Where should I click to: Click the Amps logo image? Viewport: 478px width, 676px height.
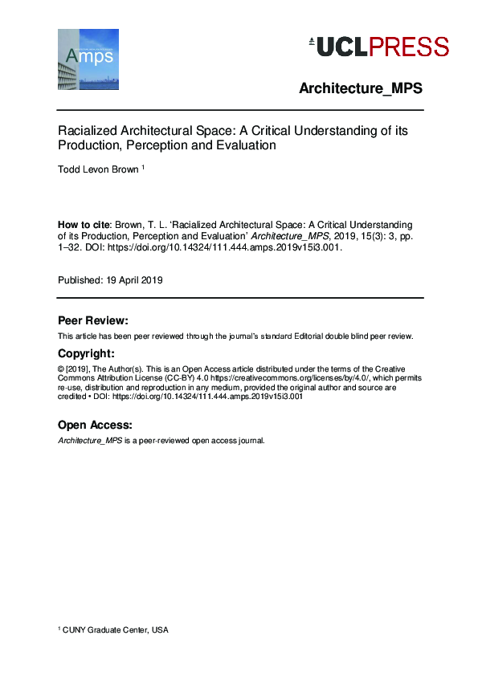click(x=88, y=59)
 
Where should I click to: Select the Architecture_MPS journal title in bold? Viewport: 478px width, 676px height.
click(x=361, y=88)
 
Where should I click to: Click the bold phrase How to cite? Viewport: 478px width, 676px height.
click(x=83, y=225)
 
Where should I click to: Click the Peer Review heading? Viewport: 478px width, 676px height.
click(x=93, y=320)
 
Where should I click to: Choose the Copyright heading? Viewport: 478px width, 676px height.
click(x=87, y=354)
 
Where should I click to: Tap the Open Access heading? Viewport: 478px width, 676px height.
click(x=96, y=425)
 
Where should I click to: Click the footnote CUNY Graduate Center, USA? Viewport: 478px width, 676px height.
click(x=116, y=630)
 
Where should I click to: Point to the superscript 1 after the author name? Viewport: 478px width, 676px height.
click(x=143, y=168)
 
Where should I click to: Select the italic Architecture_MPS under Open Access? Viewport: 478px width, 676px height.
click(x=89, y=441)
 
